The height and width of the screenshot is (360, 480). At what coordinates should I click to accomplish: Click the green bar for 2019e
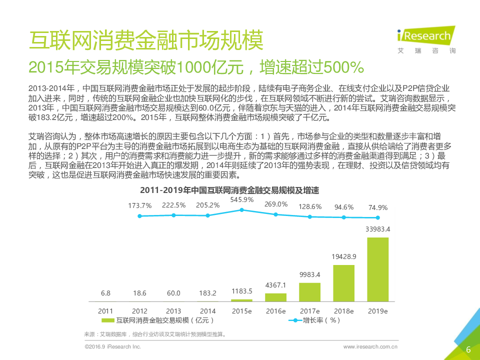pos(378,269)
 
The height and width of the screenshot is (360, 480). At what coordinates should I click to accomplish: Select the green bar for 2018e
pos(344,283)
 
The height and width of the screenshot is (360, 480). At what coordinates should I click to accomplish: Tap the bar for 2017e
pos(310,292)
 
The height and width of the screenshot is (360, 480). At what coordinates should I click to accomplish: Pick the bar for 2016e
pos(276,297)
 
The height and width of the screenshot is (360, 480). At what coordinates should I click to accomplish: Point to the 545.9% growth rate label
pos(242,199)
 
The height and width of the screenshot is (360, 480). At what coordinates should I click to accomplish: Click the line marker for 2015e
pos(242,210)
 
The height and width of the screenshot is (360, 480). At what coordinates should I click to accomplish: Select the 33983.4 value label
pos(378,229)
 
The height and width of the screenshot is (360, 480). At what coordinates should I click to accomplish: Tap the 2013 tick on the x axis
pos(173,310)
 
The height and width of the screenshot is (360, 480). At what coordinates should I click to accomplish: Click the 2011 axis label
pos(105,310)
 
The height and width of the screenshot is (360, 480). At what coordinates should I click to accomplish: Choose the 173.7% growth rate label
pos(140,205)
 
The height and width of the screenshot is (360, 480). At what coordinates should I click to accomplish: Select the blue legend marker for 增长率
pos(295,320)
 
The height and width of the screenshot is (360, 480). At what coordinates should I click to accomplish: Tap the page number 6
pos(468,349)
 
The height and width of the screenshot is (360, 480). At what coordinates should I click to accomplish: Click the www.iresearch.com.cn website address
pos(370,346)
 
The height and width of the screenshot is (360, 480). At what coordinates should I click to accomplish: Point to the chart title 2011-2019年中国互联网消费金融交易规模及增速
pos(229,190)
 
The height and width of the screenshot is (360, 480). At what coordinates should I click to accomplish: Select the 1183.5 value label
pos(242,291)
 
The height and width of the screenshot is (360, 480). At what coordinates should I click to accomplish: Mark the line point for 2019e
pos(378,217)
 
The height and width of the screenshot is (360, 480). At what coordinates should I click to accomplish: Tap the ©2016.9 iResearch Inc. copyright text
pos(113,346)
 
